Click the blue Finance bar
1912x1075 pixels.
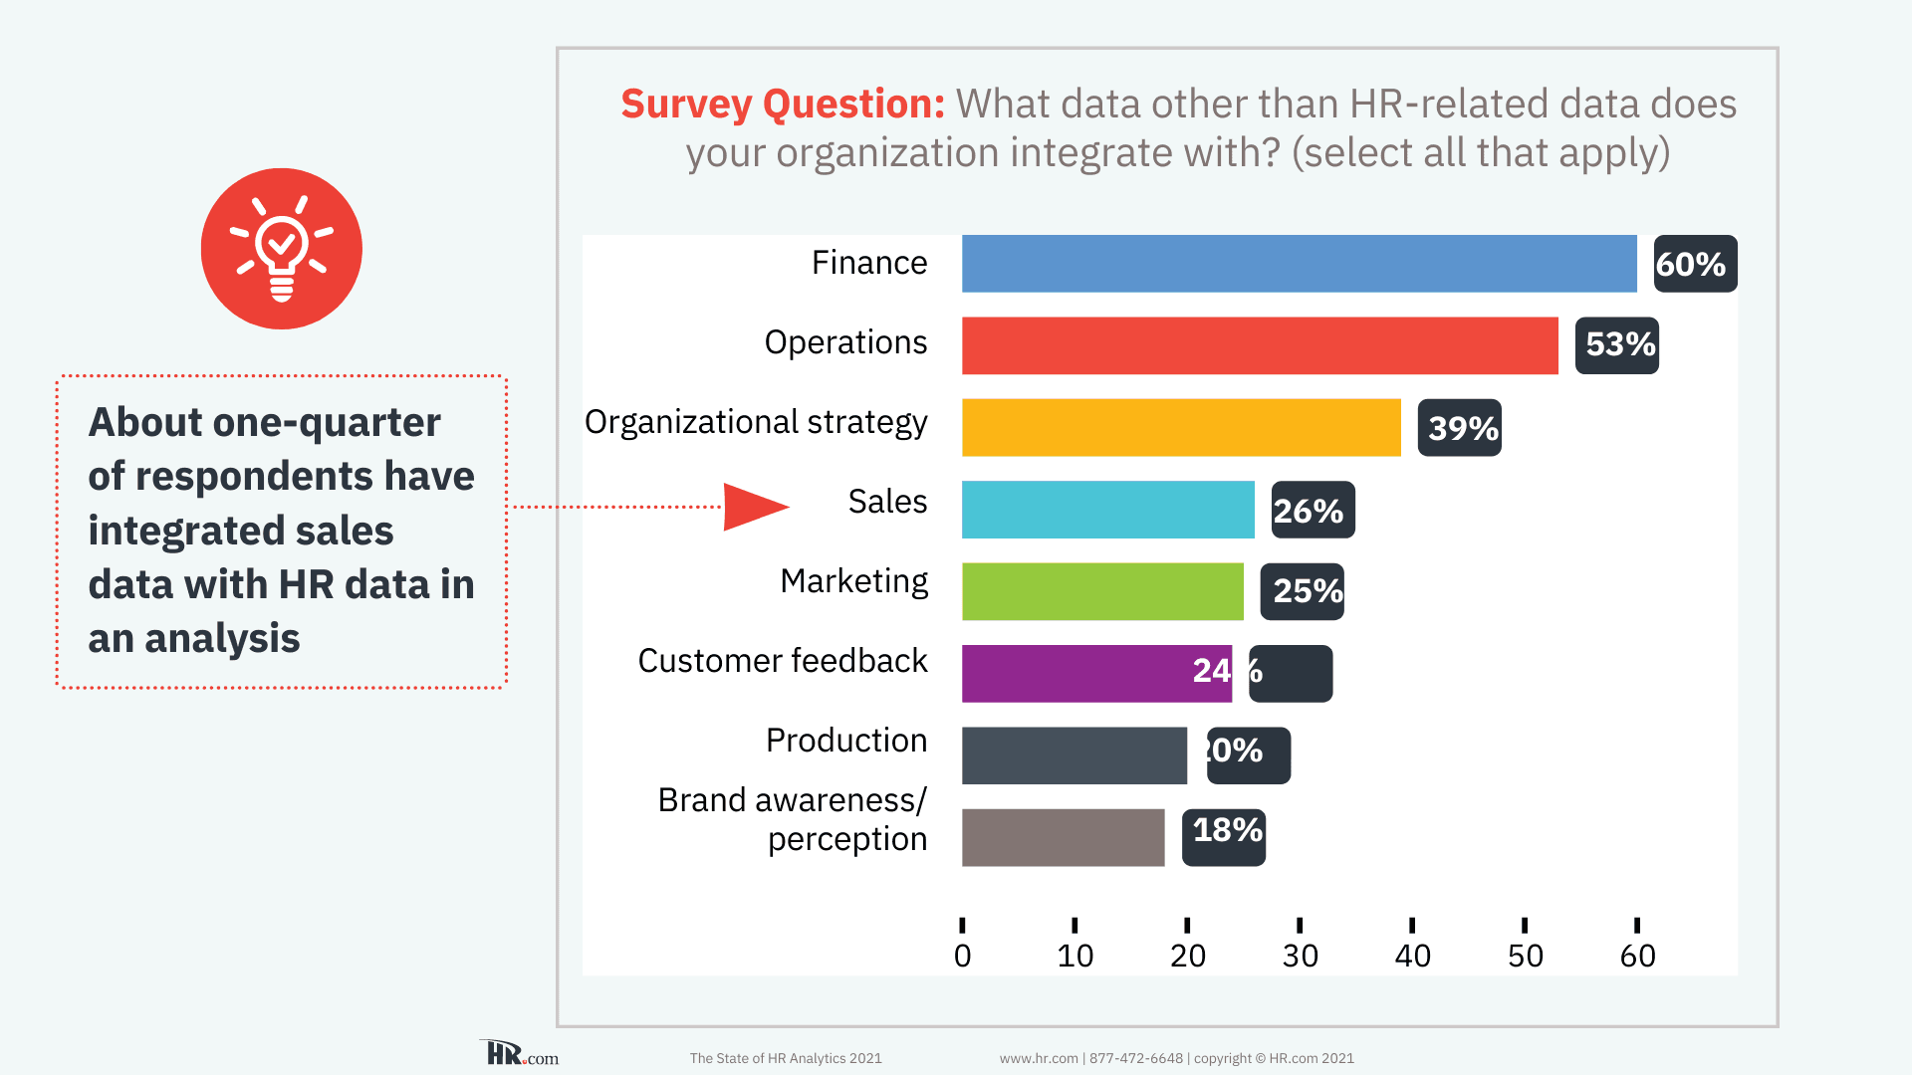tap(1299, 264)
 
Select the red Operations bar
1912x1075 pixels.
tap(1260, 345)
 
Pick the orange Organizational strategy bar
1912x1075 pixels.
tap(1181, 428)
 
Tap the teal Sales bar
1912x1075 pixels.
tap(1107, 510)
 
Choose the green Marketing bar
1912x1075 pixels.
tap(1102, 591)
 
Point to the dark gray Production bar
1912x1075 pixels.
tap(1074, 755)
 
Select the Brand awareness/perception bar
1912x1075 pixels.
tap(1063, 837)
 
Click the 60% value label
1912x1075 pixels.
tap(1695, 264)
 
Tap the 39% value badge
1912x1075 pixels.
tap(1460, 428)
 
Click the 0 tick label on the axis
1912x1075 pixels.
tap(962, 956)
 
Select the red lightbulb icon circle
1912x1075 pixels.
tap(282, 249)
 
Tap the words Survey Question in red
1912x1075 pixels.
tap(783, 104)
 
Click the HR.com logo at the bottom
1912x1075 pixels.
tap(521, 1054)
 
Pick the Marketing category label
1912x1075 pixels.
tap(853, 581)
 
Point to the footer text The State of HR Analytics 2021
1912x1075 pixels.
tap(786, 1058)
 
